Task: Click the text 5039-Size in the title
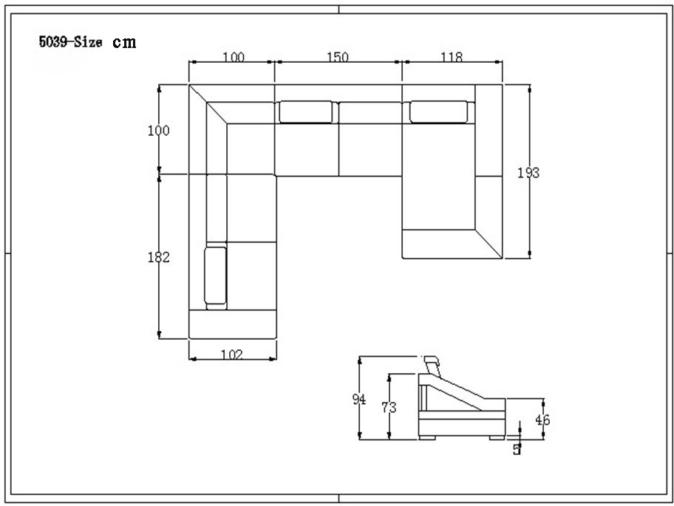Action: pos(71,42)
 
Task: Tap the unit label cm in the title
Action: pos(124,42)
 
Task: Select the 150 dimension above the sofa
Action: pos(337,57)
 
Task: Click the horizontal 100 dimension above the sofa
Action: pos(232,57)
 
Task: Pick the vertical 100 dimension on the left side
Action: pos(158,131)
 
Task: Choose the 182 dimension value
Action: pos(158,257)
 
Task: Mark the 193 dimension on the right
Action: pos(528,173)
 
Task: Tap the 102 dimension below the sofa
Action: pos(232,354)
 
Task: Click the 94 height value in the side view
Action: pos(359,400)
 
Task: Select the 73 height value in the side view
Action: pos(388,407)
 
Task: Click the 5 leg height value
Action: pos(517,448)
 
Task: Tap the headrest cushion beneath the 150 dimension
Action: pos(305,112)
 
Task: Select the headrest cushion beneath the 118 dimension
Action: pos(438,111)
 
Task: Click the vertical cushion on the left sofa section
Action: pos(215,276)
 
